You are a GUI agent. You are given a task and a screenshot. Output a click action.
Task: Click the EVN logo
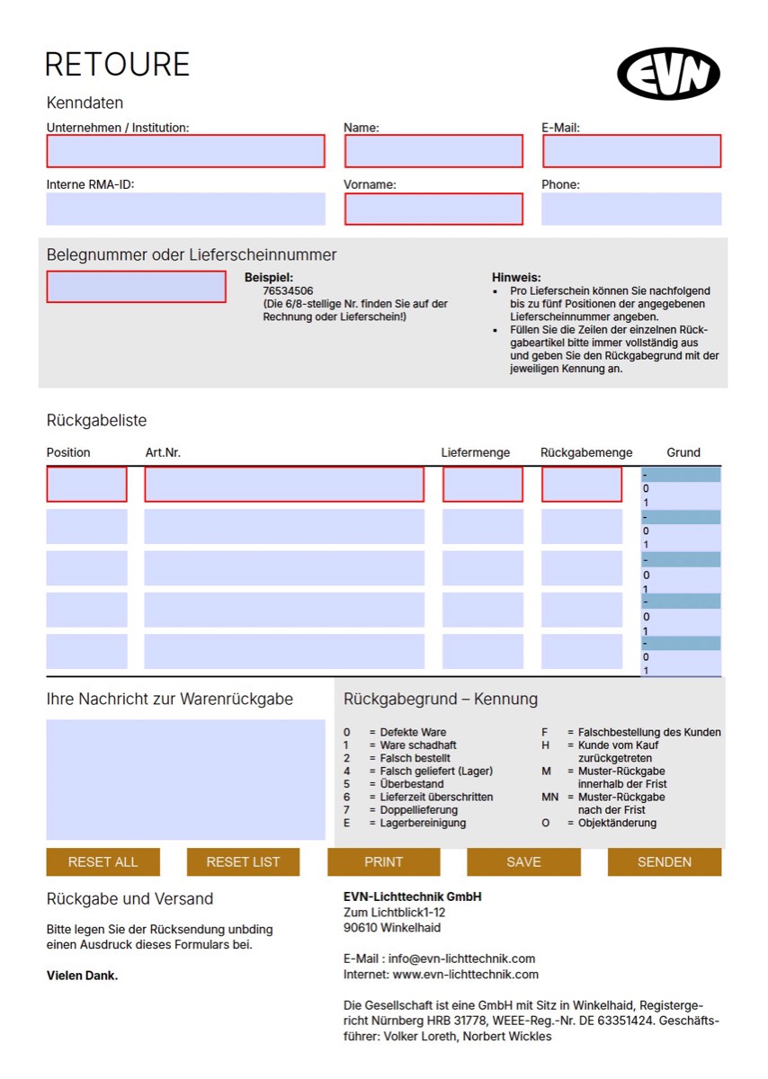669,74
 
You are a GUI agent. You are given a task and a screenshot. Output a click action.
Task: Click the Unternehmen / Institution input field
185,151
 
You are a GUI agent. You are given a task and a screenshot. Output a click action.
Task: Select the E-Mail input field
631,151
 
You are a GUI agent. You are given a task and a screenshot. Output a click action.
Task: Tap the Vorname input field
433,209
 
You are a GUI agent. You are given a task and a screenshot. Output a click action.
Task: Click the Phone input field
631,209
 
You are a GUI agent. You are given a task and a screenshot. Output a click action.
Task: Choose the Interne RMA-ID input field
185,209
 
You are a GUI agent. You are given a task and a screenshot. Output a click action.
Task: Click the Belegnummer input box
136,286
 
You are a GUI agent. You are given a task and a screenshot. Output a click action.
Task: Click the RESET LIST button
243,861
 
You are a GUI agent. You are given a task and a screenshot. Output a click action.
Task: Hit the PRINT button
383,861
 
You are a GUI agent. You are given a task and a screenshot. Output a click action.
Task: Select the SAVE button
523,861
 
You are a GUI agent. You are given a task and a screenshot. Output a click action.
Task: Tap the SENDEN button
665,861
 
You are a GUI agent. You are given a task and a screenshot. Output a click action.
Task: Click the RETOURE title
117,65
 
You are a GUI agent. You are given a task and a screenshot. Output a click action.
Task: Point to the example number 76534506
288,291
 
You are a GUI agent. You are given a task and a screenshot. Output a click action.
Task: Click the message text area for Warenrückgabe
185,779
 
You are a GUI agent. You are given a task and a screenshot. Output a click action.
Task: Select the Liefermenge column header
476,452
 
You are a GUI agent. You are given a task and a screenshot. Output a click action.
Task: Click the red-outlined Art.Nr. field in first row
284,485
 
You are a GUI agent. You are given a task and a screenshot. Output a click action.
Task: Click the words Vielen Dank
82,976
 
